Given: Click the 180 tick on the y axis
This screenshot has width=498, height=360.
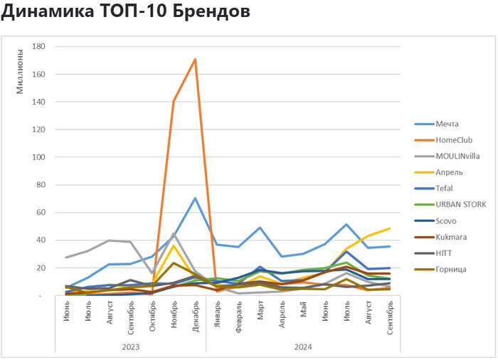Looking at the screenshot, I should click(x=39, y=47).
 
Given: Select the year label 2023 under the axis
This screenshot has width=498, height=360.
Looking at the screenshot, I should click(x=131, y=346).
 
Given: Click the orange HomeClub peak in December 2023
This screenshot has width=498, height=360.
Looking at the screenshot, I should click(x=195, y=59).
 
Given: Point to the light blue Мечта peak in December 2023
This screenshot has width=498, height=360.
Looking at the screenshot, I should click(x=195, y=198).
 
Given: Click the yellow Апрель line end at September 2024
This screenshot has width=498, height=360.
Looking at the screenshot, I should click(x=390, y=228).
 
